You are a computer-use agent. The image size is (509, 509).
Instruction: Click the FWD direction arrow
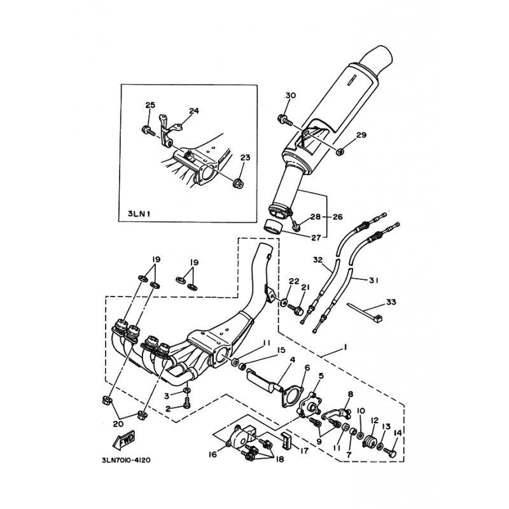click(x=123, y=440)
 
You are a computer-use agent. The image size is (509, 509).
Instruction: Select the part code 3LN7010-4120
click(x=126, y=460)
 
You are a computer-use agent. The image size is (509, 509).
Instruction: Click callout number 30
click(x=291, y=95)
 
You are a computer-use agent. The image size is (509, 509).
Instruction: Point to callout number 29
click(x=361, y=134)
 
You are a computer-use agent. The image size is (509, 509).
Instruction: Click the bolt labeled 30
click(x=285, y=120)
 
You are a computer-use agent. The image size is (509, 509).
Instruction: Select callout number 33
click(x=391, y=302)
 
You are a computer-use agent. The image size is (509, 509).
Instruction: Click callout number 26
click(x=338, y=216)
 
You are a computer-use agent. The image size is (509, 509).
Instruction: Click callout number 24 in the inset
click(x=194, y=111)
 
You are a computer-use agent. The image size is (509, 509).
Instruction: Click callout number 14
click(x=398, y=433)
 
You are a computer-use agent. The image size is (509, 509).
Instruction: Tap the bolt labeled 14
click(x=390, y=452)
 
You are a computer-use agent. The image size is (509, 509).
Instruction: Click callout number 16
click(x=213, y=455)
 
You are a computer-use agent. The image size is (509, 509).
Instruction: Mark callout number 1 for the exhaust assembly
click(x=345, y=347)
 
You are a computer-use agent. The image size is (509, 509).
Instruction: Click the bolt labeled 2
click(x=187, y=403)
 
